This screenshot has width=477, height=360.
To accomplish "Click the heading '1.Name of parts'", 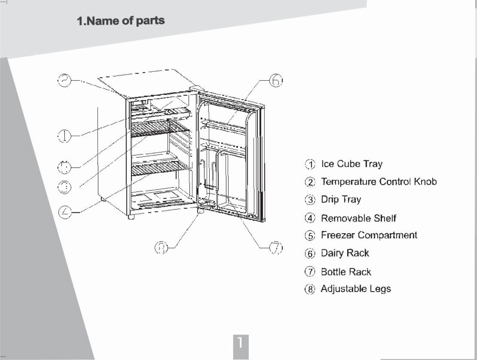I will (121, 21).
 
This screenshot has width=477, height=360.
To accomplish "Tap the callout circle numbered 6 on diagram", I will (276, 81).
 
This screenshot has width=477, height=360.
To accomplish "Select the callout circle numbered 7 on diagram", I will (276, 248).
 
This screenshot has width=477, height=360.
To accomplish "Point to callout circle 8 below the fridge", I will (162, 248).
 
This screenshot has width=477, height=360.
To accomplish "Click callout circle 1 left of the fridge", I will (64, 136).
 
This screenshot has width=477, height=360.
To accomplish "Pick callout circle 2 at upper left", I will (64, 80).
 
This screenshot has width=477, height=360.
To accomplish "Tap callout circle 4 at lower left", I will (64, 212).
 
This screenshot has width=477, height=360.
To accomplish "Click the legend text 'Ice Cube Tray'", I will (352, 164).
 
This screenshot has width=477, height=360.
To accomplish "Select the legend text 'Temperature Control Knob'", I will (379, 182).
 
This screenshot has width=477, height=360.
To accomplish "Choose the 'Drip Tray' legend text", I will (341, 199).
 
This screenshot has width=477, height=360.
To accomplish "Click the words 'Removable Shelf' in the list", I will (358, 218).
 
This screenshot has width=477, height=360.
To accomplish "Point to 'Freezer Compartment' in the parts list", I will (369, 235).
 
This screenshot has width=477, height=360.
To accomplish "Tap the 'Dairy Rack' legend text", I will (345, 253).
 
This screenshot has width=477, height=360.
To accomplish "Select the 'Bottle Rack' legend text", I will (346, 272).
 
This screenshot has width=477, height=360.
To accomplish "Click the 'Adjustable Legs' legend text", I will (356, 289).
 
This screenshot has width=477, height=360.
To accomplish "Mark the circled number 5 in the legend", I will (310, 236).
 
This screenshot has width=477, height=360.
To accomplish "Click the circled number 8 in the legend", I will (310, 289).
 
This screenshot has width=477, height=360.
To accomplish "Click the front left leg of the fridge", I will (131, 217).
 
